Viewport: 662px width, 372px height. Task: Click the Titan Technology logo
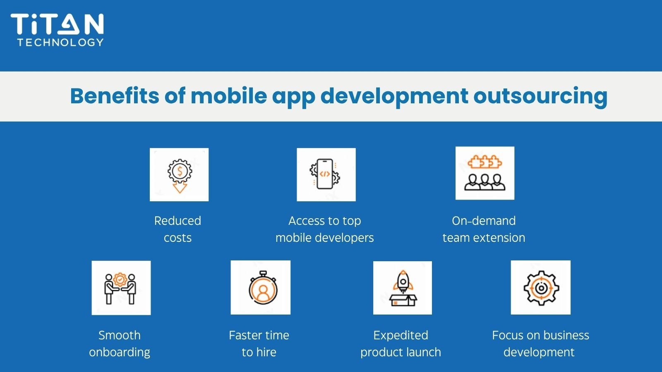(x=58, y=30)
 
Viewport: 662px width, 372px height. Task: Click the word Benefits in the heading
(x=115, y=96)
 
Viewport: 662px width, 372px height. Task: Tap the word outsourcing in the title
(x=540, y=97)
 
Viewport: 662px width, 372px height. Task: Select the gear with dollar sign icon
(x=179, y=174)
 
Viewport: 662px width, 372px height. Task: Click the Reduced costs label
(x=177, y=229)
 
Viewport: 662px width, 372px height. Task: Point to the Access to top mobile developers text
(x=324, y=229)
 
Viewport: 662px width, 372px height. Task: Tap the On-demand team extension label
(x=484, y=229)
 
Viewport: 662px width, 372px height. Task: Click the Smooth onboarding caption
(x=120, y=343)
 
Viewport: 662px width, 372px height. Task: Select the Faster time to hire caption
(x=259, y=343)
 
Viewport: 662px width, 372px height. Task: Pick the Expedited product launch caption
(x=401, y=343)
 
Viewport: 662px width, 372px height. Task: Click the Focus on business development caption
(x=540, y=343)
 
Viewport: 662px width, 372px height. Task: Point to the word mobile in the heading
(x=229, y=96)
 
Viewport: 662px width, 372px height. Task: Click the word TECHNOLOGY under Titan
(x=60, y=43)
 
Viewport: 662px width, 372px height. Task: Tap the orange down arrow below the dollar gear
(x=180, y=187)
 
